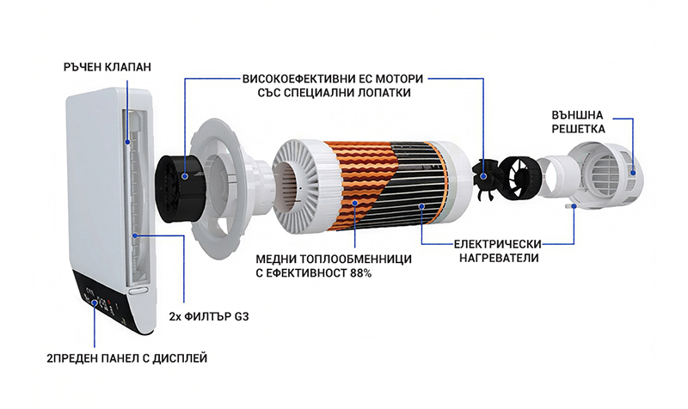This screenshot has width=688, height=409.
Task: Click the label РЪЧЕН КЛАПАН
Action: click(x=107, y=65)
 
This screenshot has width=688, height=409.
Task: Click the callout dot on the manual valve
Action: click(x=128, y=139)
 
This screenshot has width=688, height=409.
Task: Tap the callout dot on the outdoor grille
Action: click(x=633, y=173)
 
